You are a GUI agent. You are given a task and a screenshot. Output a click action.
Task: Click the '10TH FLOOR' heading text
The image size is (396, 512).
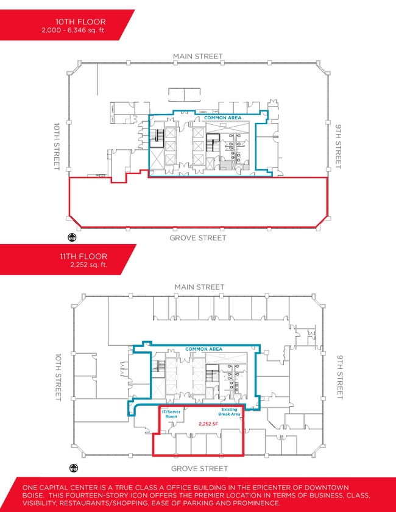coord(80,22)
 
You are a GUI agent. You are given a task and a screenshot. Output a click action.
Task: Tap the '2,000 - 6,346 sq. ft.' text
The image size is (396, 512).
coord(74,30)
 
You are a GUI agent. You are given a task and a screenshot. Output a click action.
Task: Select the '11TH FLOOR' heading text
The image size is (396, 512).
coord(83,256)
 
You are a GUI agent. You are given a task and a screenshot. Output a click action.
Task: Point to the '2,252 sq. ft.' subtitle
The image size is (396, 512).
coord(89,265)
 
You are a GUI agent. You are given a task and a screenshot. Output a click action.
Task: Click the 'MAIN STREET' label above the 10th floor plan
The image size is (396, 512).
coord(198,56)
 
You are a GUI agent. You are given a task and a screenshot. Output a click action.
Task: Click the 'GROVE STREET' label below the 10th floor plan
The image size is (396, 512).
coord(198,237)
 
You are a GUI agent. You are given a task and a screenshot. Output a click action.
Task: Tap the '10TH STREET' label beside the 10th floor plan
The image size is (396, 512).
coord(57,146)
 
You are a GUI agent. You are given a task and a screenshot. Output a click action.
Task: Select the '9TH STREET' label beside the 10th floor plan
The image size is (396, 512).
coord(339,146)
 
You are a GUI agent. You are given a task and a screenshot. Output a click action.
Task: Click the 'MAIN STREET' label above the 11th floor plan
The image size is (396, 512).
coord(199,287)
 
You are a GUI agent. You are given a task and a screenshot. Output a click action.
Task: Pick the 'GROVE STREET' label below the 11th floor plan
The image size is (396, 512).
coord(199,469)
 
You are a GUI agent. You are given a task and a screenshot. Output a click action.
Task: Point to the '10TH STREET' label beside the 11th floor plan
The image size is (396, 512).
coord(58,377)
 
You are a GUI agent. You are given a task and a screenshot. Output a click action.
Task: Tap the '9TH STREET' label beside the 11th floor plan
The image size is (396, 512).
coord(340,377)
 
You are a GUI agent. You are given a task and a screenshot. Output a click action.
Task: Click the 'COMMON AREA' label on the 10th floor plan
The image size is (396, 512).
coord(222,117)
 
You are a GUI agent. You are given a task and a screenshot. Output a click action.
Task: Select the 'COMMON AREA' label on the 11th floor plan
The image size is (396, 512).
coord(203,349)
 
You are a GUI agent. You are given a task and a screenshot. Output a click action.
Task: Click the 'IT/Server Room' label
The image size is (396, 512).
coord(171,414)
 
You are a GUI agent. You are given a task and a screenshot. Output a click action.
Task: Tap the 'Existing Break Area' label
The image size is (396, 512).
coord(229,412)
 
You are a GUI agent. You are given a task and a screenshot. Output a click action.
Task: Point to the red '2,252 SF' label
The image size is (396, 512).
coord(208,424)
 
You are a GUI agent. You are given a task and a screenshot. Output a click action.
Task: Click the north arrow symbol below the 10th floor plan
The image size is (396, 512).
coord(72,237)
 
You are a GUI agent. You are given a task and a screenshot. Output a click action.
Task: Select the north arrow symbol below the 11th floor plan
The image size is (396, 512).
coord(74,468)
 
